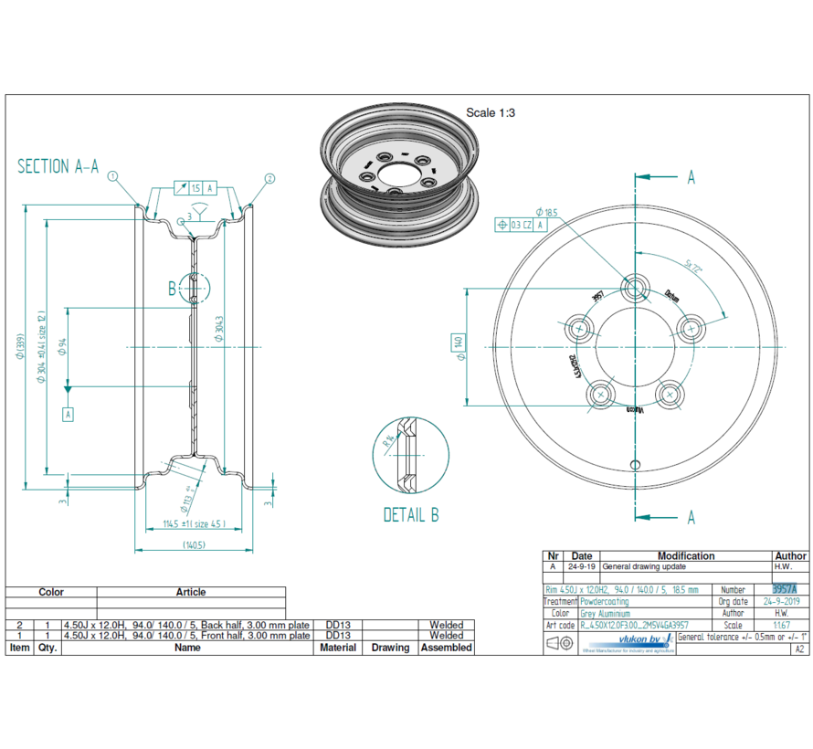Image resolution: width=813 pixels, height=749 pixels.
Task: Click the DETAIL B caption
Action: click(410, 515)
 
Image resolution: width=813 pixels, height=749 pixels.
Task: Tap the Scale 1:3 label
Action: click(491, 112)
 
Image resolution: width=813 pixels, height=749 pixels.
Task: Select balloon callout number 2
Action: click(269, 177)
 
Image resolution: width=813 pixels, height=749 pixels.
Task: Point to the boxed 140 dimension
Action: click(459, 343)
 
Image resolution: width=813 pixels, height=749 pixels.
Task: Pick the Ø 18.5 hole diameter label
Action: click(550, 213)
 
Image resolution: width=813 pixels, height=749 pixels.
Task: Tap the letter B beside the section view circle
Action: click(172, 290)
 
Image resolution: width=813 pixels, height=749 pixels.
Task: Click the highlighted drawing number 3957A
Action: click(785, 590)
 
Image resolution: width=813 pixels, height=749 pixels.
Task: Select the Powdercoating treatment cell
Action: click(604, 602)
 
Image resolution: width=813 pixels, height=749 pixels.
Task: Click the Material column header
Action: click(338, 648)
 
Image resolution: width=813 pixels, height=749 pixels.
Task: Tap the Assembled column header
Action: click(446, 648)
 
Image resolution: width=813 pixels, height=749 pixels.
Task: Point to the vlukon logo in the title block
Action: click(643, 643)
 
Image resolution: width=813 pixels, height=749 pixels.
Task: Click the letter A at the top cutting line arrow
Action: click(691, 177)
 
